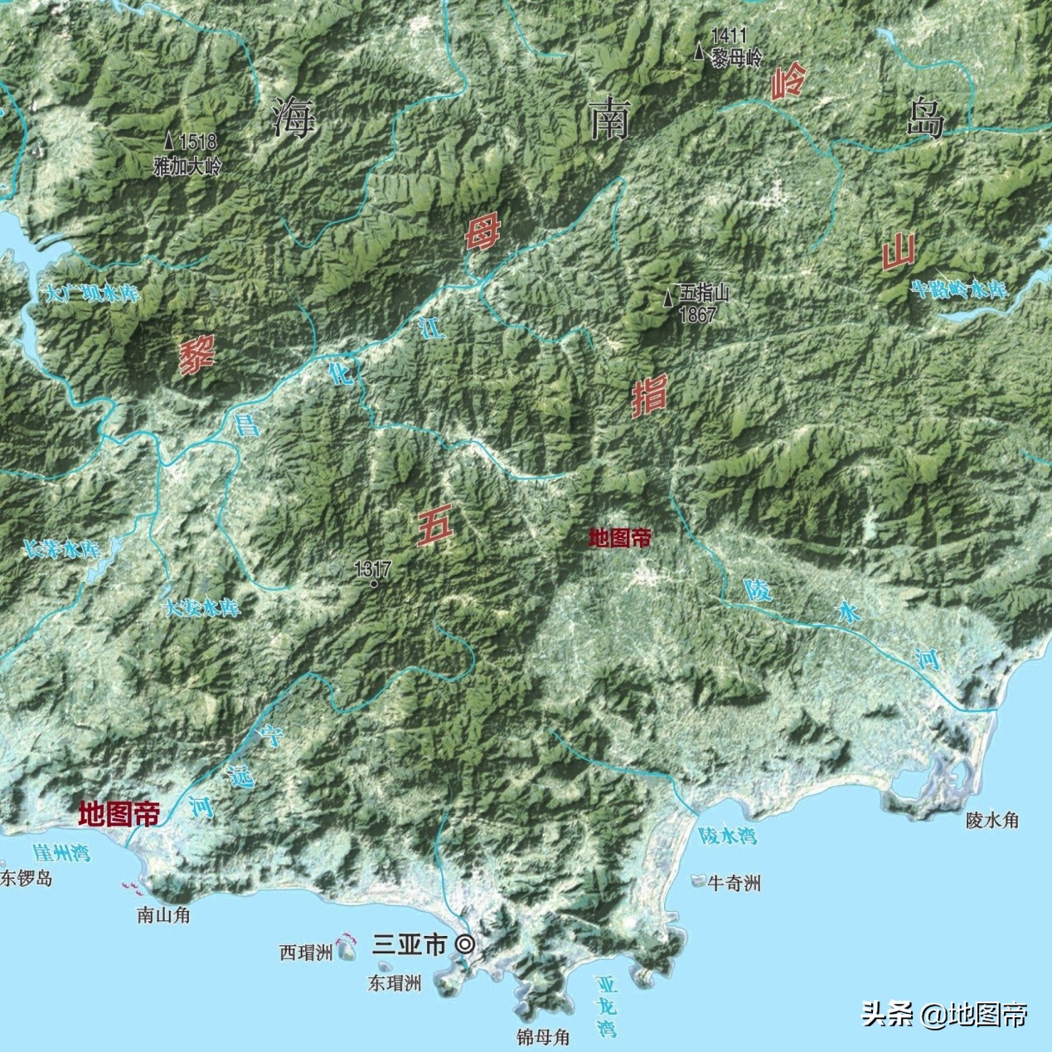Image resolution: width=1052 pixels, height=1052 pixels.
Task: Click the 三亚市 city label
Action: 410,944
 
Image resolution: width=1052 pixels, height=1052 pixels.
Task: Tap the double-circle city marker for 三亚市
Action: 466,944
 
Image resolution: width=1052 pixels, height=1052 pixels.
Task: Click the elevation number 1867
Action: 697,315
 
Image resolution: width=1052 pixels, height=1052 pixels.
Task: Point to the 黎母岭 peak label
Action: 737,58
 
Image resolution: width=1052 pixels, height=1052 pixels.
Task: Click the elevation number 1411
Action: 728,36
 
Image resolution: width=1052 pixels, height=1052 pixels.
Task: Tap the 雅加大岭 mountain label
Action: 188,166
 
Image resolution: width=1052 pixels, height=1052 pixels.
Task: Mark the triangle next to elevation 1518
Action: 169,142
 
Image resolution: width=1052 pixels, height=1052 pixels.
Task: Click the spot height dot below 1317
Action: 374,584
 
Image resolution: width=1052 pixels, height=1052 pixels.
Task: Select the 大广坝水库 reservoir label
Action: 93,294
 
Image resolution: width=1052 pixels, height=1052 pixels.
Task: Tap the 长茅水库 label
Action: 61,549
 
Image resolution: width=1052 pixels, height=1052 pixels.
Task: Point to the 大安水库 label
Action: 203,608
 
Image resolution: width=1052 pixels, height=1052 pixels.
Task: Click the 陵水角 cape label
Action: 992,821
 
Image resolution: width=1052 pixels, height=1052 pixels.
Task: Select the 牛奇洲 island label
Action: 734,884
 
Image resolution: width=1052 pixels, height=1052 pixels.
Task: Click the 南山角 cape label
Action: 163,915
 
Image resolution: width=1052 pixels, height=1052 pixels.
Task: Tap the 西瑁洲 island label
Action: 306,953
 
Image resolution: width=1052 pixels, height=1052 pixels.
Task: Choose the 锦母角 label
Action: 542,1037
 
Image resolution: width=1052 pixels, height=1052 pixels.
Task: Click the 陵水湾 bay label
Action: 727,836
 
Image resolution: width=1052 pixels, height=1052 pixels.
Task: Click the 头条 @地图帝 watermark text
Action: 945,1014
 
